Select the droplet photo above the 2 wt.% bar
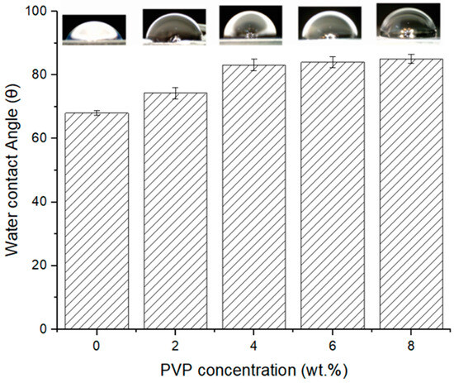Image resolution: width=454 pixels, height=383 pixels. point(174,25)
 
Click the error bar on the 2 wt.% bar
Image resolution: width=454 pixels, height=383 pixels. point(175,93)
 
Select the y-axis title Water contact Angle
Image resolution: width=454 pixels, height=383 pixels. point(14,170)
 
